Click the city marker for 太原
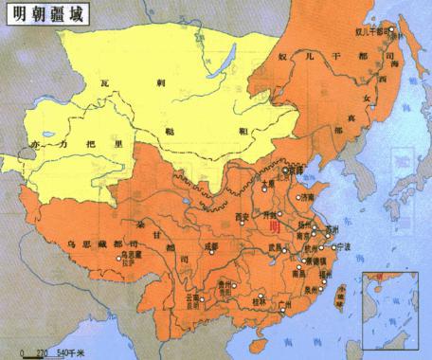tap(267, 189)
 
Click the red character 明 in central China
tap(277, 227)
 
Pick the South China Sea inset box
tap(390, 308)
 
